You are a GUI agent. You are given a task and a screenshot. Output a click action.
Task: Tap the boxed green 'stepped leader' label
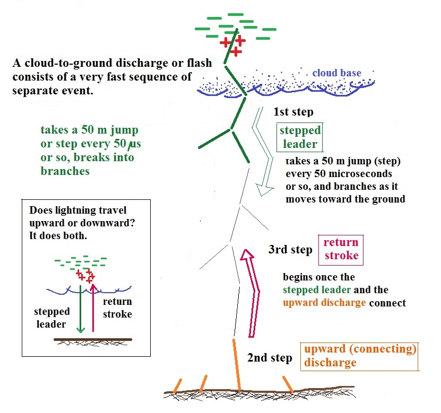(300, 137)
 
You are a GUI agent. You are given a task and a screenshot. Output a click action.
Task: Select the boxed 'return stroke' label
(341, 249)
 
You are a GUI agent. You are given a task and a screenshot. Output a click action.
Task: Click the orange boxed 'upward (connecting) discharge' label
(359, 356)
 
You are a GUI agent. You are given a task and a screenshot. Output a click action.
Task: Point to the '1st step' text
(293, 112)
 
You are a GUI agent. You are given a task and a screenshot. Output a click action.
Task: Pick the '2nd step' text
(270, 358)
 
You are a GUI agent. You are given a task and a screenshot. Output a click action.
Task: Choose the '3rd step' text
(290, 250)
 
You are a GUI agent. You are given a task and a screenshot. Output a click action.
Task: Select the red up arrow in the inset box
(93, 307)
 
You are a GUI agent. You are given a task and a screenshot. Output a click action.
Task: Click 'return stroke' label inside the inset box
(116, 308)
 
